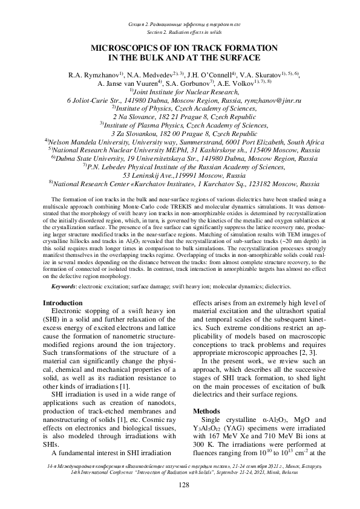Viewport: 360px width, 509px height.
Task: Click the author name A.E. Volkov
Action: [230, 83]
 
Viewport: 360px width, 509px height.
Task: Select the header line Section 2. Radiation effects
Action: [180, 31]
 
